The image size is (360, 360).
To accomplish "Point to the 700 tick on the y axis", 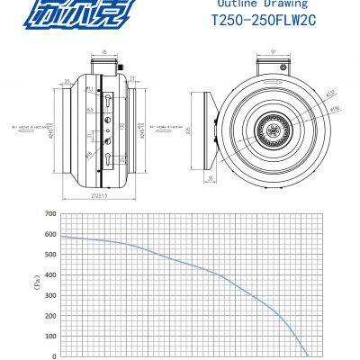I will [49, 214].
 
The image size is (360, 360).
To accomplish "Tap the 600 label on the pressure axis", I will [49, 234].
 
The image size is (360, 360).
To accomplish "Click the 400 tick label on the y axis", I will [49, 275].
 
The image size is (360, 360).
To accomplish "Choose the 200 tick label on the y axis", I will [49, 316].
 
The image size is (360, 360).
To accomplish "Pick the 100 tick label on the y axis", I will [49, 336].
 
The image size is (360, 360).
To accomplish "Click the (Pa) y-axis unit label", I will [38, 284].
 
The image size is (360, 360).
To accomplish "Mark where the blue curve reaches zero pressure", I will [307, 355].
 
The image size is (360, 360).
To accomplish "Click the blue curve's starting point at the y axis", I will [60, 236].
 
